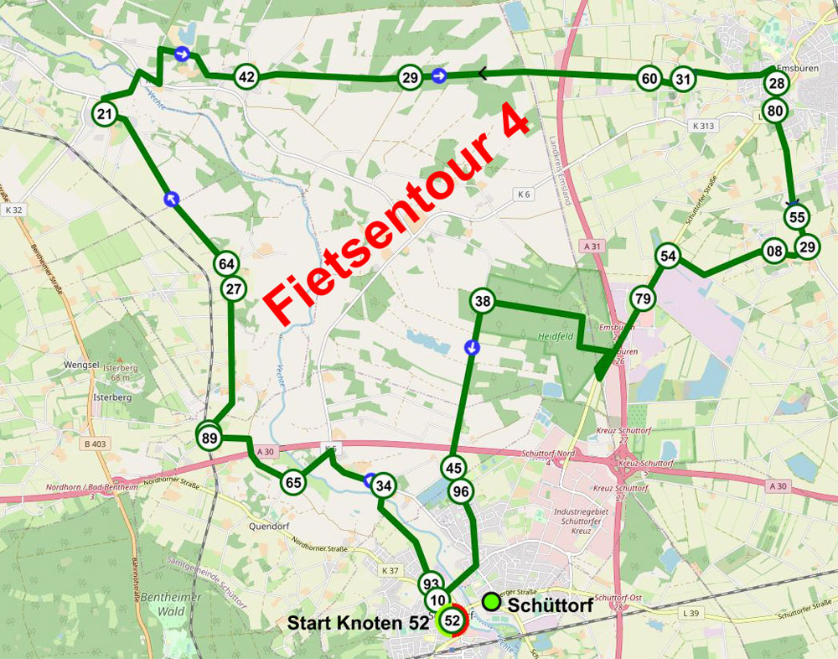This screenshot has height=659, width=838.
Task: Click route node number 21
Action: [x=105, y=114]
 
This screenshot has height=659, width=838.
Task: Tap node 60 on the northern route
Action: [x=649, y=79]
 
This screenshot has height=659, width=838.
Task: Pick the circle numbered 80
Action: [x=775, y=110]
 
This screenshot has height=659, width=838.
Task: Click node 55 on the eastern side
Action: [x=796, y=216]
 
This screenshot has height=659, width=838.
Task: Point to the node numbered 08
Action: [x=774, y=251]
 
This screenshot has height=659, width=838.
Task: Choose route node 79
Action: [x=643, y=298]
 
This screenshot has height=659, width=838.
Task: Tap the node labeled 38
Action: [x=482, y=302]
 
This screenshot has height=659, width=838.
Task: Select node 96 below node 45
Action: [x=459, y=492]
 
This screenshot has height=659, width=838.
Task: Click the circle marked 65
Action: [x=292, y=482]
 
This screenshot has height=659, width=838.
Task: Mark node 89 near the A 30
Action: [x=209, y=437]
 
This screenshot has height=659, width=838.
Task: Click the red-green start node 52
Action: [x=453, y=620]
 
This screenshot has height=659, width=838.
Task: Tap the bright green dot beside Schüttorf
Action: [x=492, y=601]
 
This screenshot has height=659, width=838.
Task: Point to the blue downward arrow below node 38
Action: [x=473, y=347]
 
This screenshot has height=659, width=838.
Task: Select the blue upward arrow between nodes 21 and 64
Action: [x=172, y=199]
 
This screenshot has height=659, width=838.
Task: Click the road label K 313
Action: [x=706, y=125]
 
